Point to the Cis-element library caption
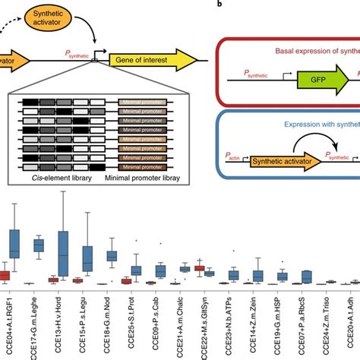point(52,175)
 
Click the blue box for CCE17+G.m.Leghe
point(38,245)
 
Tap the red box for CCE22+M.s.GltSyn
point(200,268)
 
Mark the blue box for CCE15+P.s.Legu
point(88,258)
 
